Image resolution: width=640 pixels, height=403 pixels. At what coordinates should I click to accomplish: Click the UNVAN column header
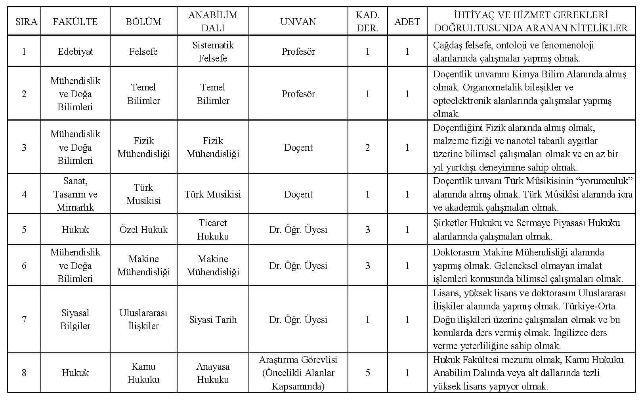click(298, 21)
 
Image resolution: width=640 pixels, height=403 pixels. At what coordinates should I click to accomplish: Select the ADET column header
click(407, 21)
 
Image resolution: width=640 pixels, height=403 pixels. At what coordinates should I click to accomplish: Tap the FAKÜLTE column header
click(75, 21)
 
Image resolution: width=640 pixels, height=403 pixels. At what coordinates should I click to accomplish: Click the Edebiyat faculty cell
click(75, 52)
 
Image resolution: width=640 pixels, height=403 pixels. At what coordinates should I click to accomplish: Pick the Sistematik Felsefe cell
click(213, 52)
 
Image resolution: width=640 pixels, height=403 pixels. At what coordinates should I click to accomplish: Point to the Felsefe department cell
click(143, 52)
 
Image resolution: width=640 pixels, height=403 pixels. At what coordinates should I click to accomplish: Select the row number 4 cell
click(24, 194)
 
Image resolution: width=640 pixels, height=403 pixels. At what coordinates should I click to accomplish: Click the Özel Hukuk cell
click(143, 230)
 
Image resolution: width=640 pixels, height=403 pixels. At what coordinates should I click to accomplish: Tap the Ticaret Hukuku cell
click(213, 230)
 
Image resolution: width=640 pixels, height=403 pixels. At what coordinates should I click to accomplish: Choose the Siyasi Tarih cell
click(213, 320)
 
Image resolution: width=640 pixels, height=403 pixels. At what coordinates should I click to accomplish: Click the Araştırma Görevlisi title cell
click(298, 373)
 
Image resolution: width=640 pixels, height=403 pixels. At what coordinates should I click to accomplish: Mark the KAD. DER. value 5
click(367, 373)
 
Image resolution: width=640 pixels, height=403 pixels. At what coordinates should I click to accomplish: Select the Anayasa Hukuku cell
click(213, 373)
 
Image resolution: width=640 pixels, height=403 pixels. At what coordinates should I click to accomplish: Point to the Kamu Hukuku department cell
click(143, 373)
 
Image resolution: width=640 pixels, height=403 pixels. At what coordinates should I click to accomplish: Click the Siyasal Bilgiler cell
click(75, 320)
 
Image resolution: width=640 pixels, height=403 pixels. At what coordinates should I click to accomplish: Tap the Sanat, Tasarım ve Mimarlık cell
click(75, 194)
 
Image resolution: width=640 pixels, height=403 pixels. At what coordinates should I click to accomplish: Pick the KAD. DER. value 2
click(367, 148)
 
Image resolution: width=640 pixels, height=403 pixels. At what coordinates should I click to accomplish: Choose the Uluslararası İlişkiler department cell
click(143, 320)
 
